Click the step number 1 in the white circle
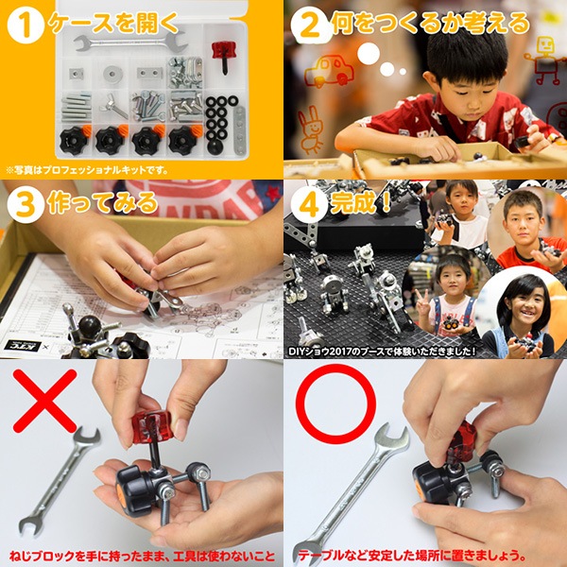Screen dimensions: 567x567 coord(25,26)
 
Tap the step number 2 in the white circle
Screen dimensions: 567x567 coord(310,26)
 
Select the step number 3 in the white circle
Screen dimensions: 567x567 coord(25,205)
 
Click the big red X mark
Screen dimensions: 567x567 coord(44,401)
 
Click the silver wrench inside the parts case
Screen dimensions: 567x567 coord(131,43)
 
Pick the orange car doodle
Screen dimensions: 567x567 coord(329,71)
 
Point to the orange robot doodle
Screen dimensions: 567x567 coord(544,60)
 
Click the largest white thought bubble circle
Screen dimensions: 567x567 coord(369,54)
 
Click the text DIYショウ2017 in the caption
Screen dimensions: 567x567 coord(319,352)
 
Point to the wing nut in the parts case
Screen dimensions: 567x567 coord(114,106)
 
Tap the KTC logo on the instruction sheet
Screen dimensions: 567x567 coord(23,346)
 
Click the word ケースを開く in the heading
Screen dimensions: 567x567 coord(113,24)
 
